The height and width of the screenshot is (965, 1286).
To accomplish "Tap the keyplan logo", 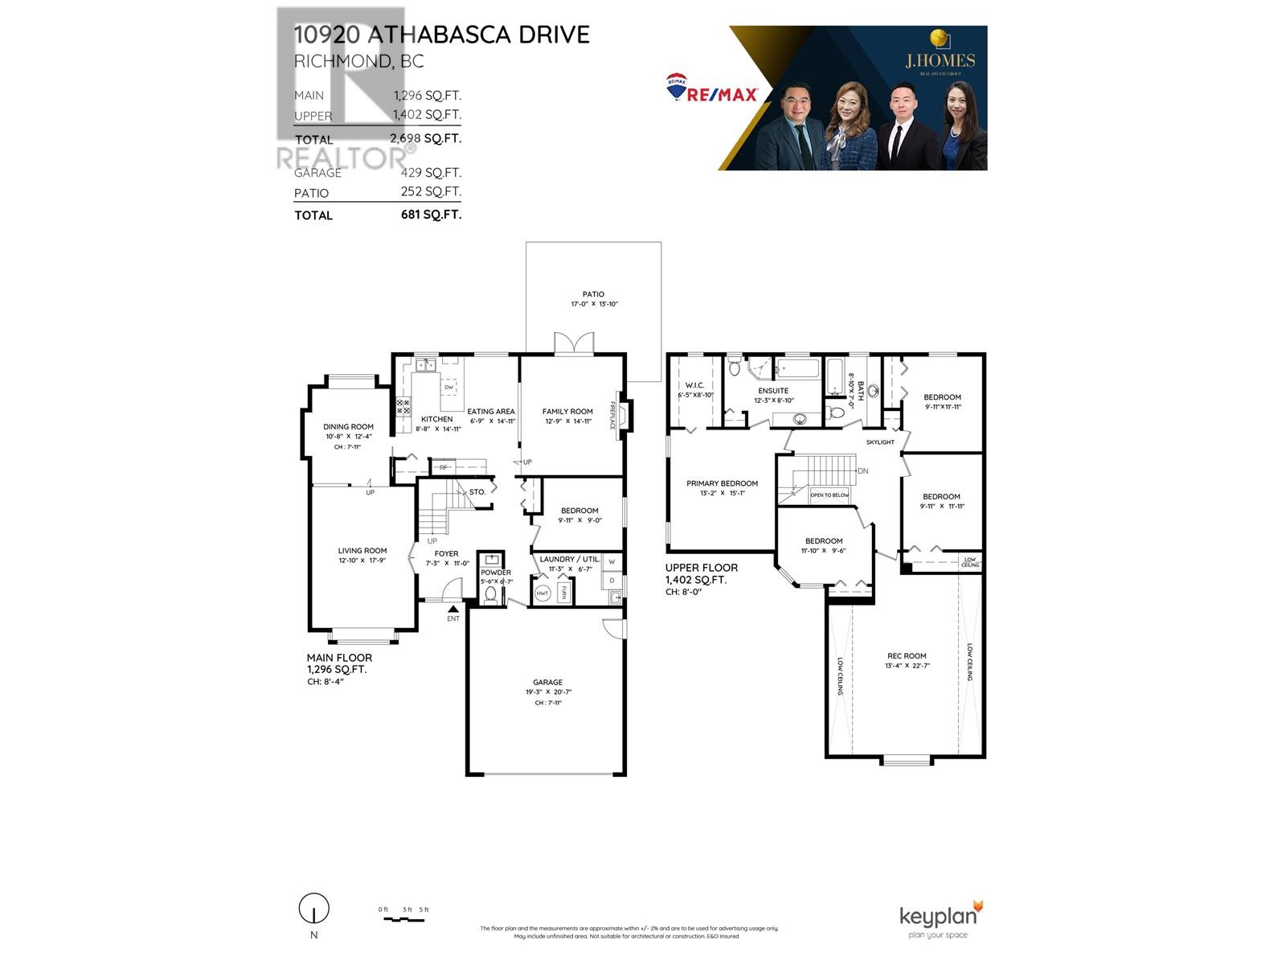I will point(940,917).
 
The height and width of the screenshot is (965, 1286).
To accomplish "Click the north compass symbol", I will point(313,910).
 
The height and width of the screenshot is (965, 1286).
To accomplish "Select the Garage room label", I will point(547,682).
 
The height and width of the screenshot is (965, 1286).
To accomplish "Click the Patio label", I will point(593,294).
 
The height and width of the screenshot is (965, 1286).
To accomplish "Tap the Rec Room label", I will point(906,656).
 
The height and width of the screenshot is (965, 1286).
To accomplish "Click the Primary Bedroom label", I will point(722,483).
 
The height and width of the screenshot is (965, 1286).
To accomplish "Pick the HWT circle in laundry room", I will point(543,593).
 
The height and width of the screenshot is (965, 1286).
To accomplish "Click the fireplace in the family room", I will point(620,415).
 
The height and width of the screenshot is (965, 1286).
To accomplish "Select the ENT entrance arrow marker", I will point(453,610).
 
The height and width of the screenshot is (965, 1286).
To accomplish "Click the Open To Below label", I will point(829,495).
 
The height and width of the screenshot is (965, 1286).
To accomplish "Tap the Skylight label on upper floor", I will point(880,442).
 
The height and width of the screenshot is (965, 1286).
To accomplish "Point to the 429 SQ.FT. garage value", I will point(431,172).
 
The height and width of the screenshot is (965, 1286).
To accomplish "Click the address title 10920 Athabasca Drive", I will point(441,35).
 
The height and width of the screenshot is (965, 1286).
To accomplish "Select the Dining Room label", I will point(348,427).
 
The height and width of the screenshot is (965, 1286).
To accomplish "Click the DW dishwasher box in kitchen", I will point(448,388).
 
